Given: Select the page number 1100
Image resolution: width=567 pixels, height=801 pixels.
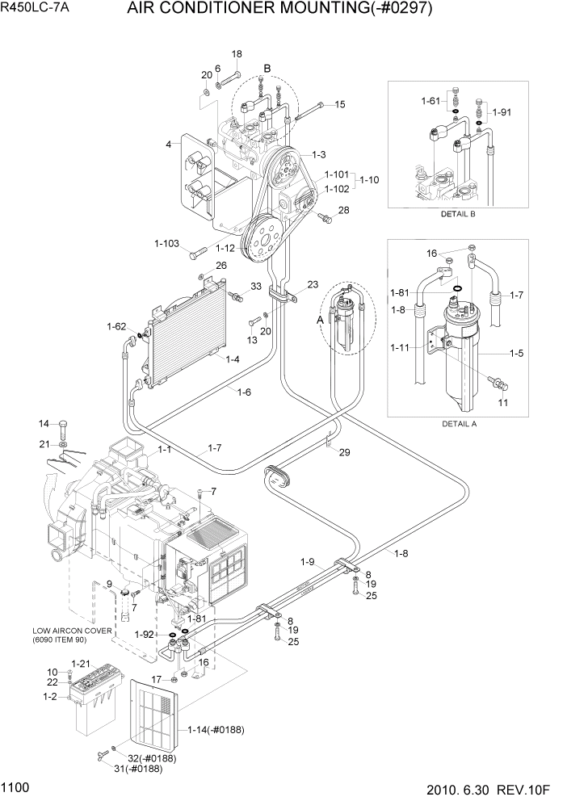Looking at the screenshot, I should click(17, 786).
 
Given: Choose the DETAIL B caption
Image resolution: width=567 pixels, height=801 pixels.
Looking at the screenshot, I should click(457, 215).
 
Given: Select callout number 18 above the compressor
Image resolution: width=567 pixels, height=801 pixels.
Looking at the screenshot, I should click(237, 54).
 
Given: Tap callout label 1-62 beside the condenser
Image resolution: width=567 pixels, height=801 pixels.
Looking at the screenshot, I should click(116, 326).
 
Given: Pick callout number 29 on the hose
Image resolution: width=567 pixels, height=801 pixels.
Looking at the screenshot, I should click(344, 452).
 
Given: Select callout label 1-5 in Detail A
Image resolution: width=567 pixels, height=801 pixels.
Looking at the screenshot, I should click(516, 353).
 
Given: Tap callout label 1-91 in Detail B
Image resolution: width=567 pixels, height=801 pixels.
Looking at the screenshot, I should click(502, 112).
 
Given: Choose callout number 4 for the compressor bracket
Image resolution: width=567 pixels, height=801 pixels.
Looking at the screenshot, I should click(169, 145).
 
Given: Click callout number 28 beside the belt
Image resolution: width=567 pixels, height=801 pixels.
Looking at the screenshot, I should click(343, 211).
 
